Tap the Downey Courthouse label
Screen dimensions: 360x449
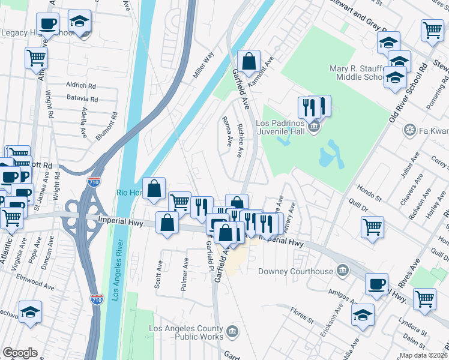tap(295, 271)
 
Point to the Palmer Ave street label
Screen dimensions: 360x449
tap(186, 275)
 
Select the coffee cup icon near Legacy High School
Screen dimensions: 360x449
tap(47, 24)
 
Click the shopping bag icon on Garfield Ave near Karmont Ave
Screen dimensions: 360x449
tap(249, 61)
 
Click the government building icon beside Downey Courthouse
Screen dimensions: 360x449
tap(343, 271)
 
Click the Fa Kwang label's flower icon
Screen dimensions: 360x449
tap(411, 130)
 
